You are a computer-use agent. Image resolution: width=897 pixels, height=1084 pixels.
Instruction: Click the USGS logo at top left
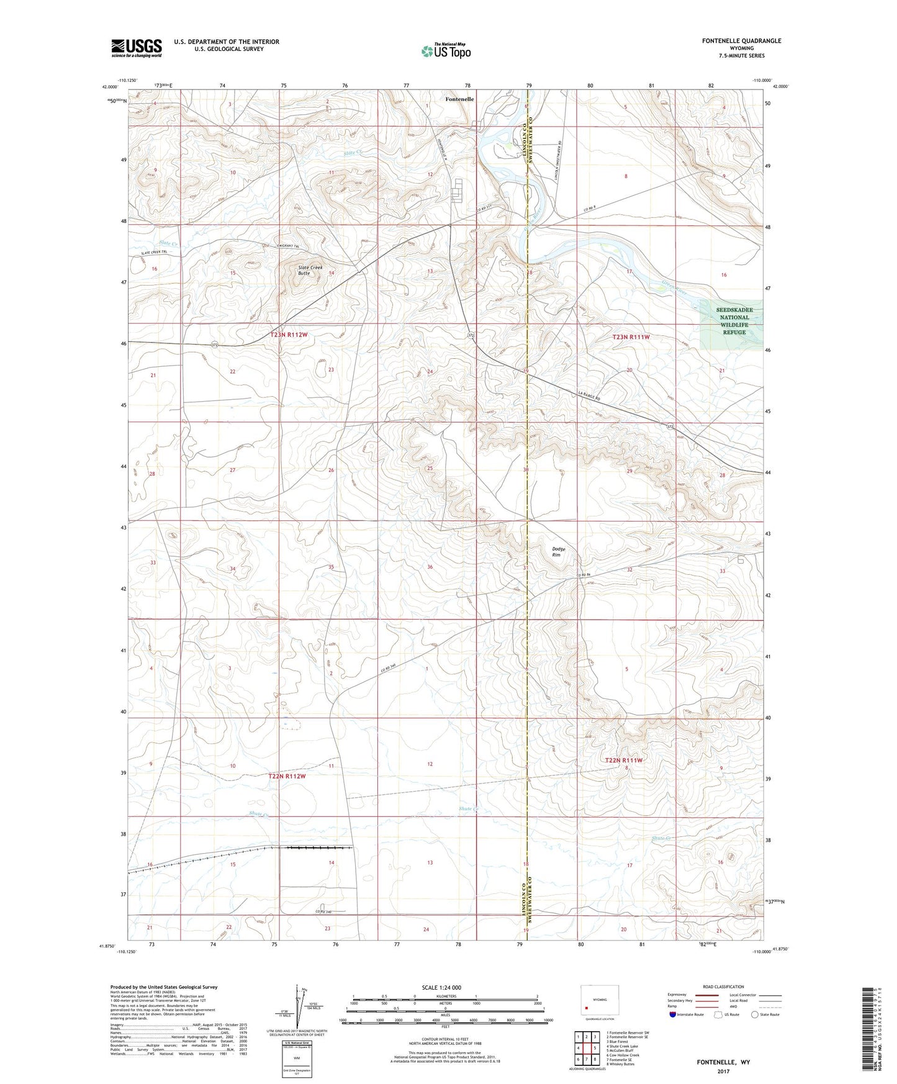tap(137, 48)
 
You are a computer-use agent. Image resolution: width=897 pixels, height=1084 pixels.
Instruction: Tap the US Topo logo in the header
tap(446, 51)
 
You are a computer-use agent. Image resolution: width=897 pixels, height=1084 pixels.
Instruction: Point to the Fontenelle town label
tap(460, 99)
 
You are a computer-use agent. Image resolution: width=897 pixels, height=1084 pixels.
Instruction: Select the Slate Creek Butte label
tap(310, 270)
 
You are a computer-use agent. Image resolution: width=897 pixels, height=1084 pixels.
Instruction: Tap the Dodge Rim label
tap(559, 551)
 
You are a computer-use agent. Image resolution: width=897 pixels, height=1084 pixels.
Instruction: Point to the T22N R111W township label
tap(623, 760)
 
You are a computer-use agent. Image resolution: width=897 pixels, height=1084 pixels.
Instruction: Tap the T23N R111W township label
tap(631, 336)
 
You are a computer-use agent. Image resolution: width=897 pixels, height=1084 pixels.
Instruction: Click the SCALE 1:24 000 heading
tap(441, 988)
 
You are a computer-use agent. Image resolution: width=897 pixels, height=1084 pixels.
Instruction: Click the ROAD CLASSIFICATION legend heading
tap(723, 987)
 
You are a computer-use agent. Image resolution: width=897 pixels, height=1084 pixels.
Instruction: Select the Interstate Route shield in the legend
tap(674, 1014)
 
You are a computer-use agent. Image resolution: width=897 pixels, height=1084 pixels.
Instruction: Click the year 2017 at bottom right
tap(723, 1071)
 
